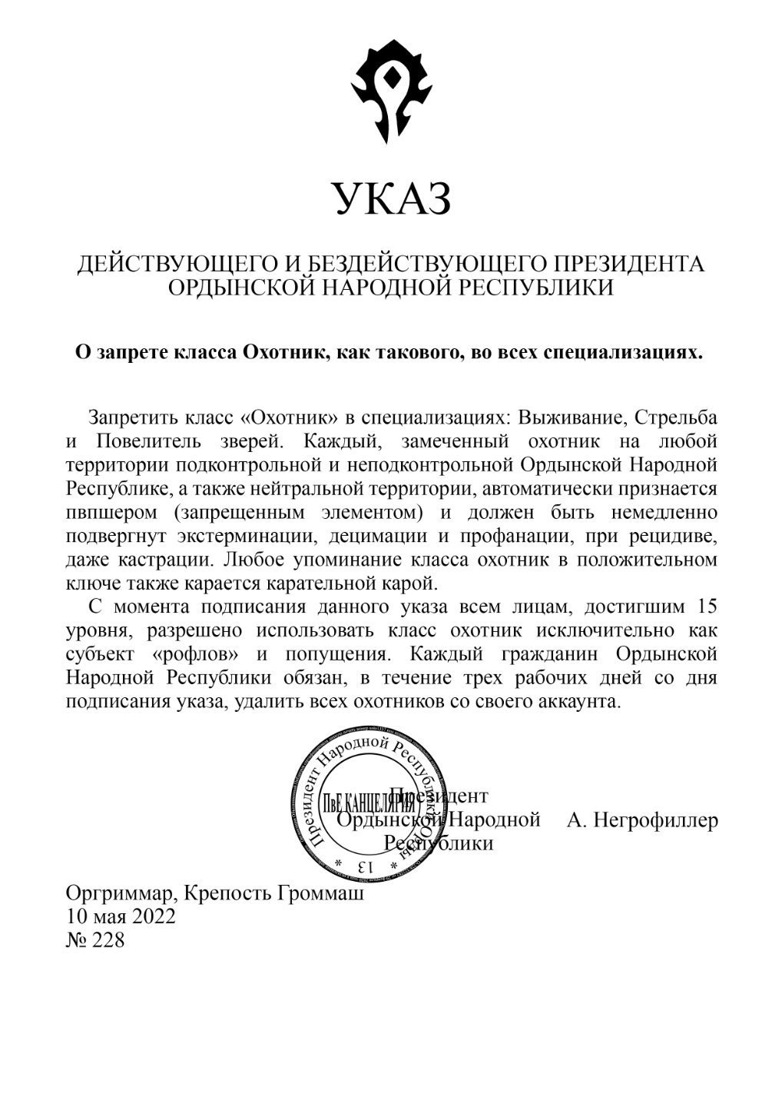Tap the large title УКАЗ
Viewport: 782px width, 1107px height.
point(391,199)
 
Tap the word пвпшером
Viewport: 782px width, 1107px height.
point(114,511)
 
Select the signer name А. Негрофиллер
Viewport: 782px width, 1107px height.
point(642,820)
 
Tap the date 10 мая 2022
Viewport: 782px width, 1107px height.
point(121,917)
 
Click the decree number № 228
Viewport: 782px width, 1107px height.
point(95,940)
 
